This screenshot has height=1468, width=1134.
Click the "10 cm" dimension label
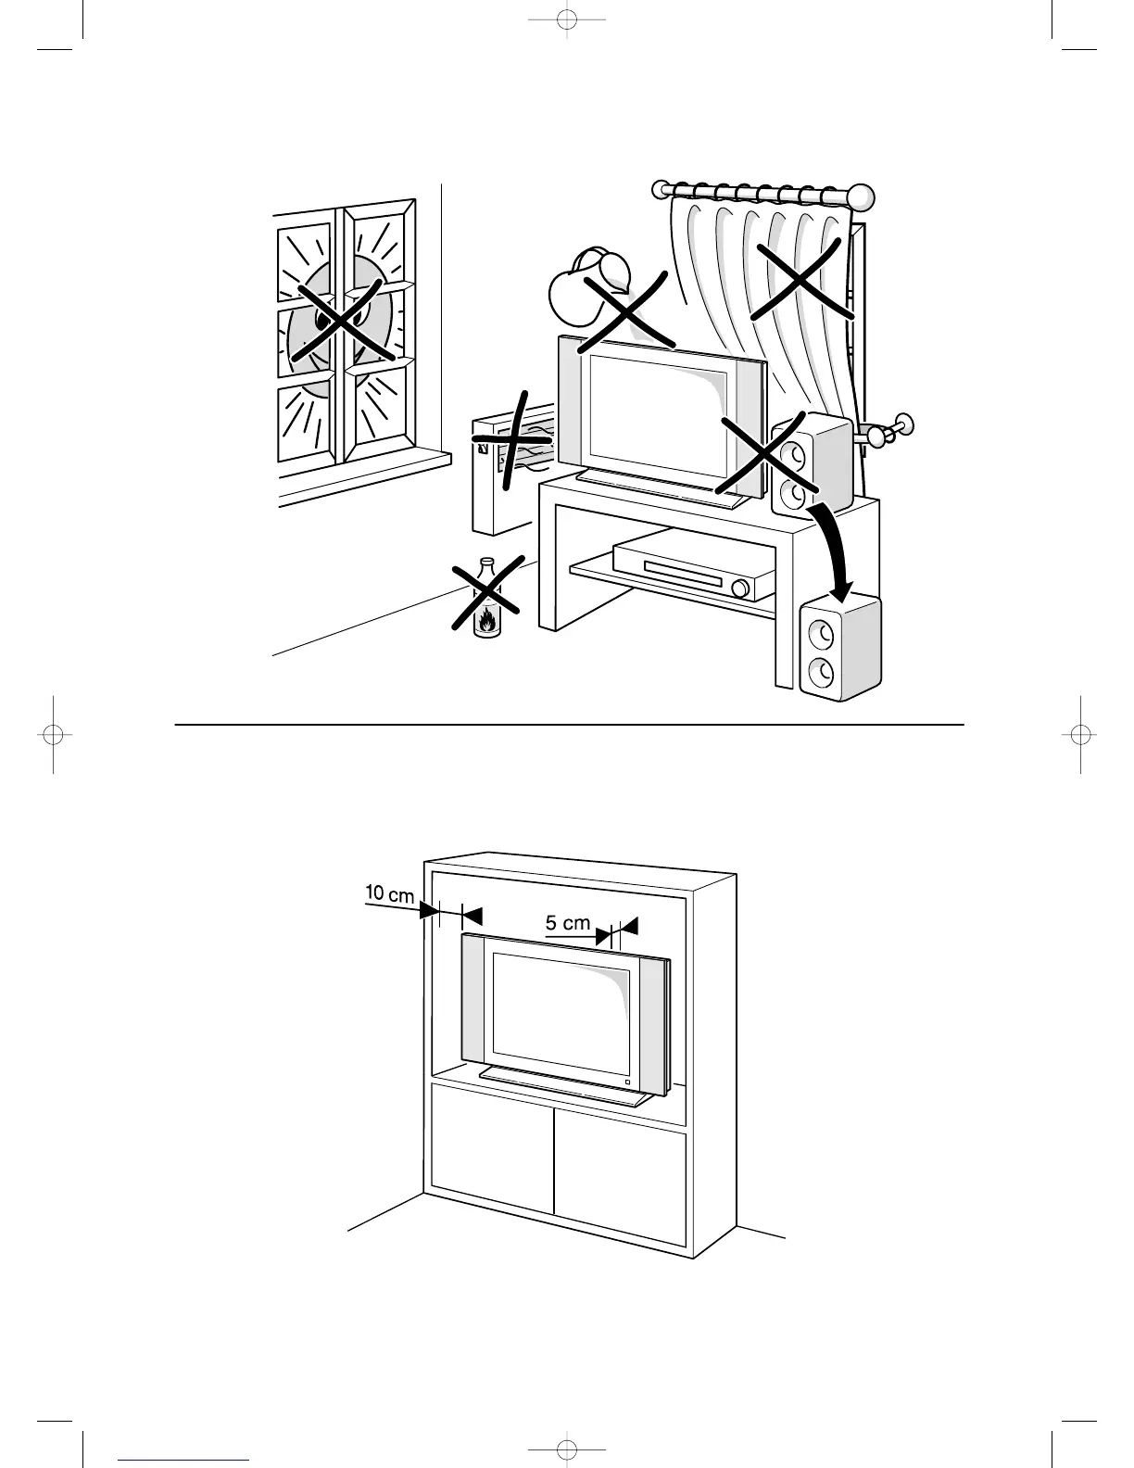[389, 894]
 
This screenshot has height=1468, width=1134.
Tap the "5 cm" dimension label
[567, 923]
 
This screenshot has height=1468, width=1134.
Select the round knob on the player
[739, 588]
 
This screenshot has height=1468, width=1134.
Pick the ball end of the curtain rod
[862, 196]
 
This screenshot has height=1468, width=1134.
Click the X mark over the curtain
[800, 279]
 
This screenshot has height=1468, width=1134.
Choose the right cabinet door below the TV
[619, 1172]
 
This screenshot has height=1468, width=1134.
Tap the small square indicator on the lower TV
[627, 1082]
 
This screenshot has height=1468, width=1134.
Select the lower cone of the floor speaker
[820, 669]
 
